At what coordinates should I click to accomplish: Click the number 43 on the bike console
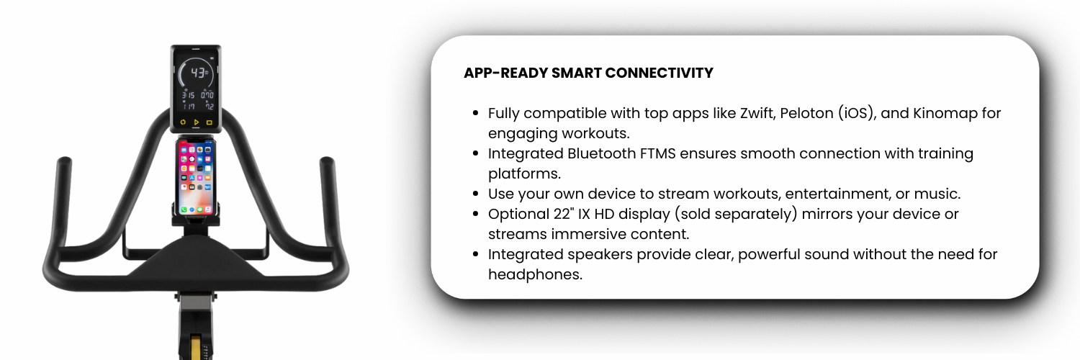(198, 73)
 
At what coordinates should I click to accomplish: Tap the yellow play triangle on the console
(197, 122)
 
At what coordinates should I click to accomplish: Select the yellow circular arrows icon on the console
(183, 122)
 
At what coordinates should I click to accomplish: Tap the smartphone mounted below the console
(196, 176)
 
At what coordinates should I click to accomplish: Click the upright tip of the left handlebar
(65, 161)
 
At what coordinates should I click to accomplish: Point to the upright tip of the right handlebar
(327, 161)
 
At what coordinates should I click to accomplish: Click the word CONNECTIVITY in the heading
(659, 73)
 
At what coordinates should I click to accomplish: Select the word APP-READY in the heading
(505, 73)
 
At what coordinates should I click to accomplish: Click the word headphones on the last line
(535, 275)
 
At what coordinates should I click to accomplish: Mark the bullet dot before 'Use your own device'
(476, 194)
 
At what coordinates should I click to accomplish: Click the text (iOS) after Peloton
(857, 114)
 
